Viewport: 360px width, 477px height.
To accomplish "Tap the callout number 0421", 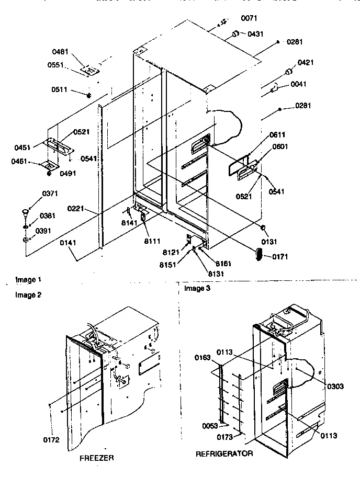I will coord(306,63).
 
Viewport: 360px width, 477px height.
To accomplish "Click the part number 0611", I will coord(278,135).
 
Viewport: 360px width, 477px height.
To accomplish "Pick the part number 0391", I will coord(43,230).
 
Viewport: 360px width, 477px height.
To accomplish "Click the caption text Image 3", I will coord(196,288).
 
